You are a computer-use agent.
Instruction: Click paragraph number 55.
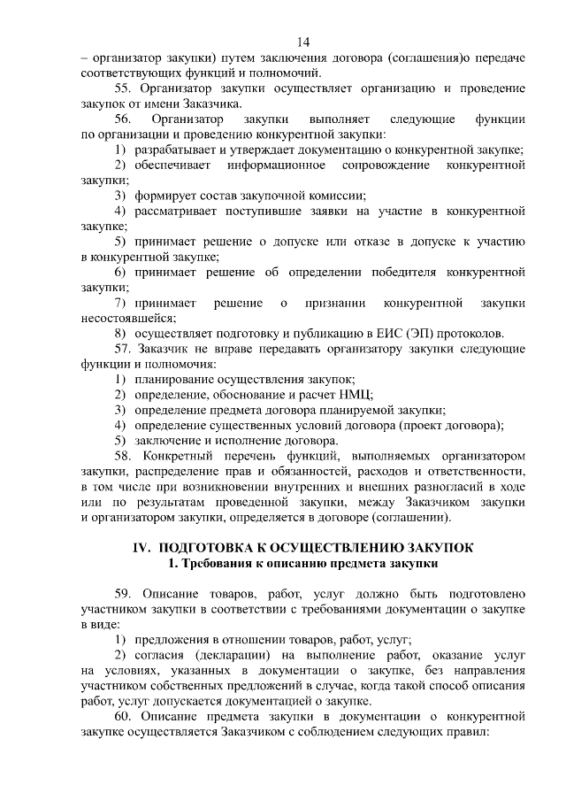(124, 88)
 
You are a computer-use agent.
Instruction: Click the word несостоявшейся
(128, 318)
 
